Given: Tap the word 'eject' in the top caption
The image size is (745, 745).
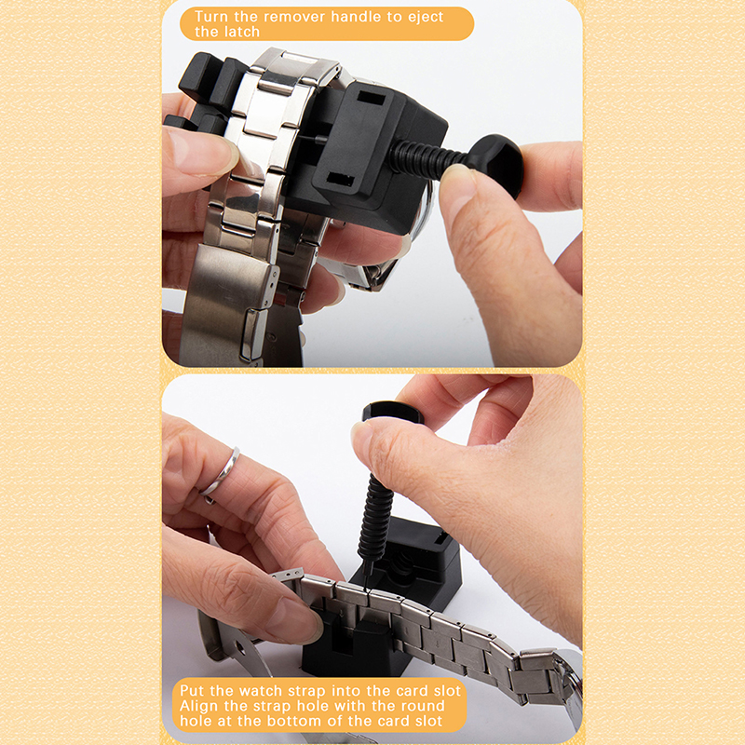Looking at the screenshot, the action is click(x=425, y=18).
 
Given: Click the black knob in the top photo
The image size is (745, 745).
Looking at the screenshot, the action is click(x=496, y=164).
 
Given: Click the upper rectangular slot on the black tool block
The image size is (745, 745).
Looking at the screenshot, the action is click(x=371, y=99).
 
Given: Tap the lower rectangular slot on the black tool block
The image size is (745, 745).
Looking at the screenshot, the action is click(x=341, y=179).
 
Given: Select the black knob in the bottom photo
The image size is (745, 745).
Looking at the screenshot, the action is click(x=392, y=412).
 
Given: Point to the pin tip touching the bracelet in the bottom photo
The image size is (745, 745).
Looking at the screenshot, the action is click(x=367, y=589).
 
